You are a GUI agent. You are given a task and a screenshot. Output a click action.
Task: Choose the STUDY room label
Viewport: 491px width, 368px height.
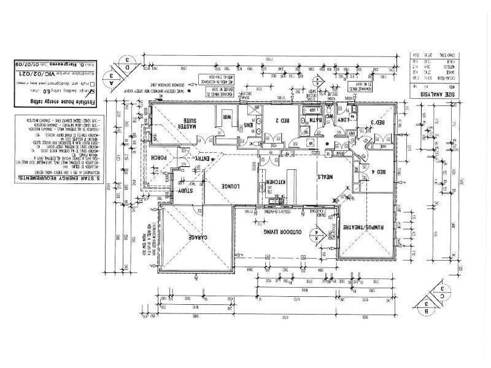184,191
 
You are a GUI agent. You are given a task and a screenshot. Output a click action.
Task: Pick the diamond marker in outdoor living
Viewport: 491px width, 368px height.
317,236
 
